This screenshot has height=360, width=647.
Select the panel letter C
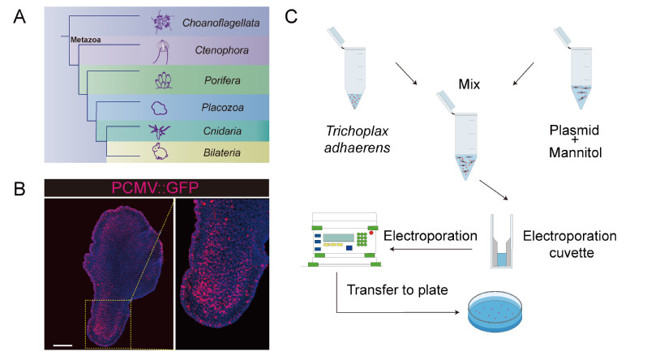coord(301,16)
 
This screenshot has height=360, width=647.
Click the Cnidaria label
coord(227,131)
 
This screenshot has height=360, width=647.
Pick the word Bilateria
coord(227,151)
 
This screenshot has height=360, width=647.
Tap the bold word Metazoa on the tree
coord(81,37)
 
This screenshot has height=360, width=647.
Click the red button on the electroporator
coord(372,234)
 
